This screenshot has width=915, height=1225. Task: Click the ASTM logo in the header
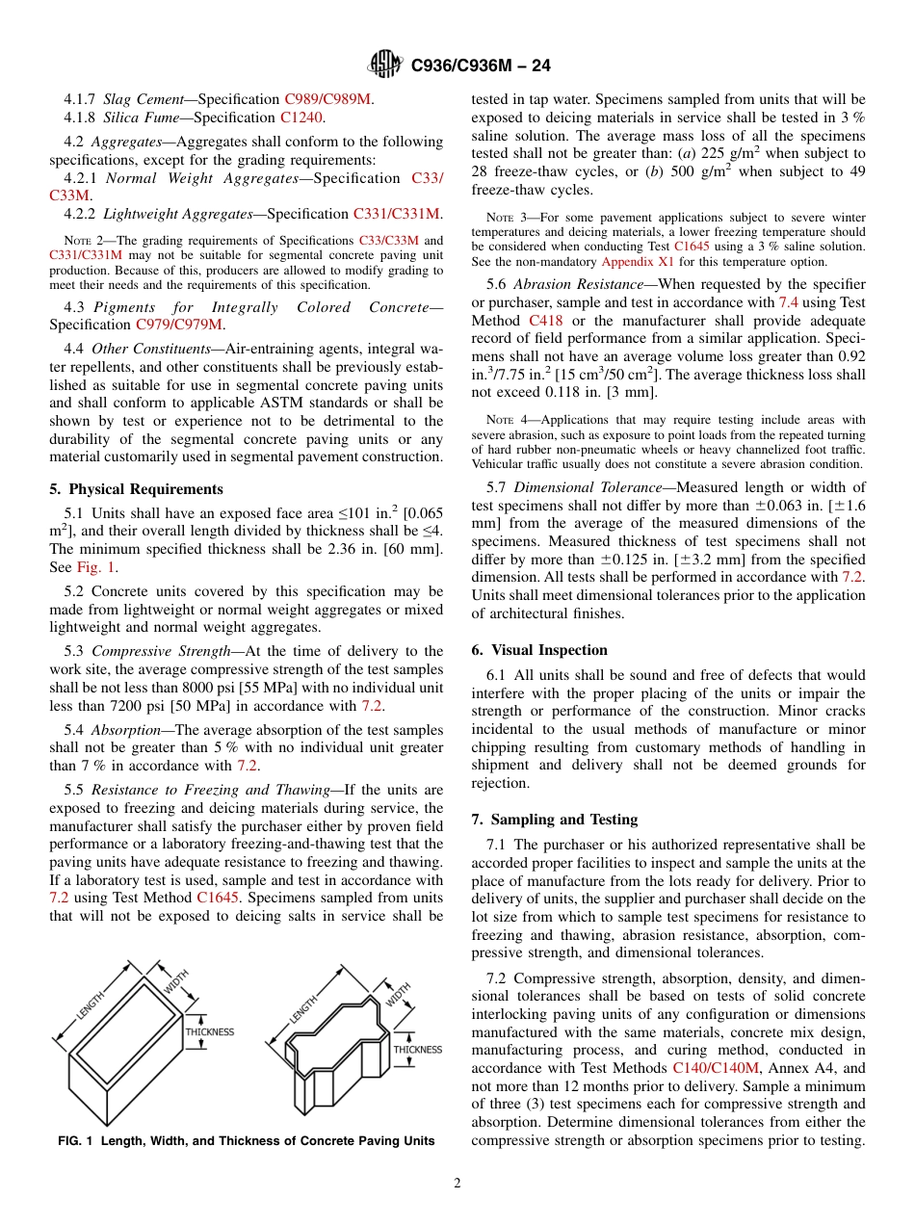point(385,65)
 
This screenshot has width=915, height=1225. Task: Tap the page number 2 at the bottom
point(457,1184)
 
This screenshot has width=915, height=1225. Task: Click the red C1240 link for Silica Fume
point(302,117)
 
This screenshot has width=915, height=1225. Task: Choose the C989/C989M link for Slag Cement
point(328,99)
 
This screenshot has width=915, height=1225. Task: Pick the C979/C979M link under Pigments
point(179,325)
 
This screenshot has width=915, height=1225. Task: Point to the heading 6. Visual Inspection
point(539,650)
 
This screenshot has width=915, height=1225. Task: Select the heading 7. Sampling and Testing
point(554,820)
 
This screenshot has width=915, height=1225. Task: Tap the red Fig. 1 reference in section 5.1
point(96,567)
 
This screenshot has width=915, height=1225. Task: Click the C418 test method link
point(545,321)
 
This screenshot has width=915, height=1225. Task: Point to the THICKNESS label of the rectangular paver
point(210,1031)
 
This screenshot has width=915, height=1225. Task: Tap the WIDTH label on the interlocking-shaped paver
point(400,994)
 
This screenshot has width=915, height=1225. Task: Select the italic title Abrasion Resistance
point(578,284)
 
